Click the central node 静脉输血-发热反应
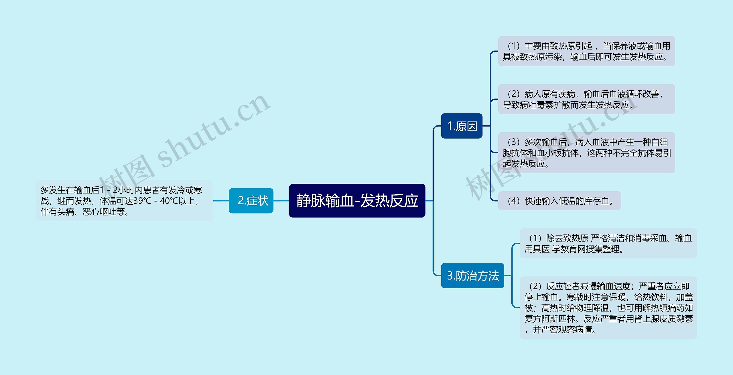coord(357,201)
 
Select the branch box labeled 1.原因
coord(462,126)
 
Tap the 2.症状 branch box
coord(251,201)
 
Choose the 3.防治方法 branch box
coord(472,276)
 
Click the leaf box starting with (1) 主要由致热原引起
coord(586,51)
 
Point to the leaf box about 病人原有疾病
coord(586,99)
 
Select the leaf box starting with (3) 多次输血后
coord(586,153)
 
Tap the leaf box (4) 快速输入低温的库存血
coord(559,201)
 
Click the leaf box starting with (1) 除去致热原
coord(608,244)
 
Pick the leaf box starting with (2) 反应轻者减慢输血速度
coord(608,308)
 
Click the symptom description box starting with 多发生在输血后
coord(124,201)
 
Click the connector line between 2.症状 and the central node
coord(281,201)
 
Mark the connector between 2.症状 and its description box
coord(221,201)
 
